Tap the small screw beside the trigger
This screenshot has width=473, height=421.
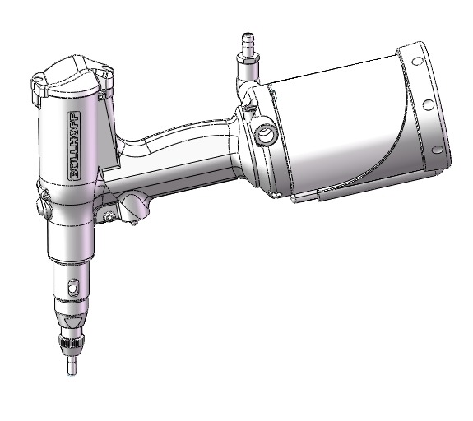(x=109, y=217)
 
